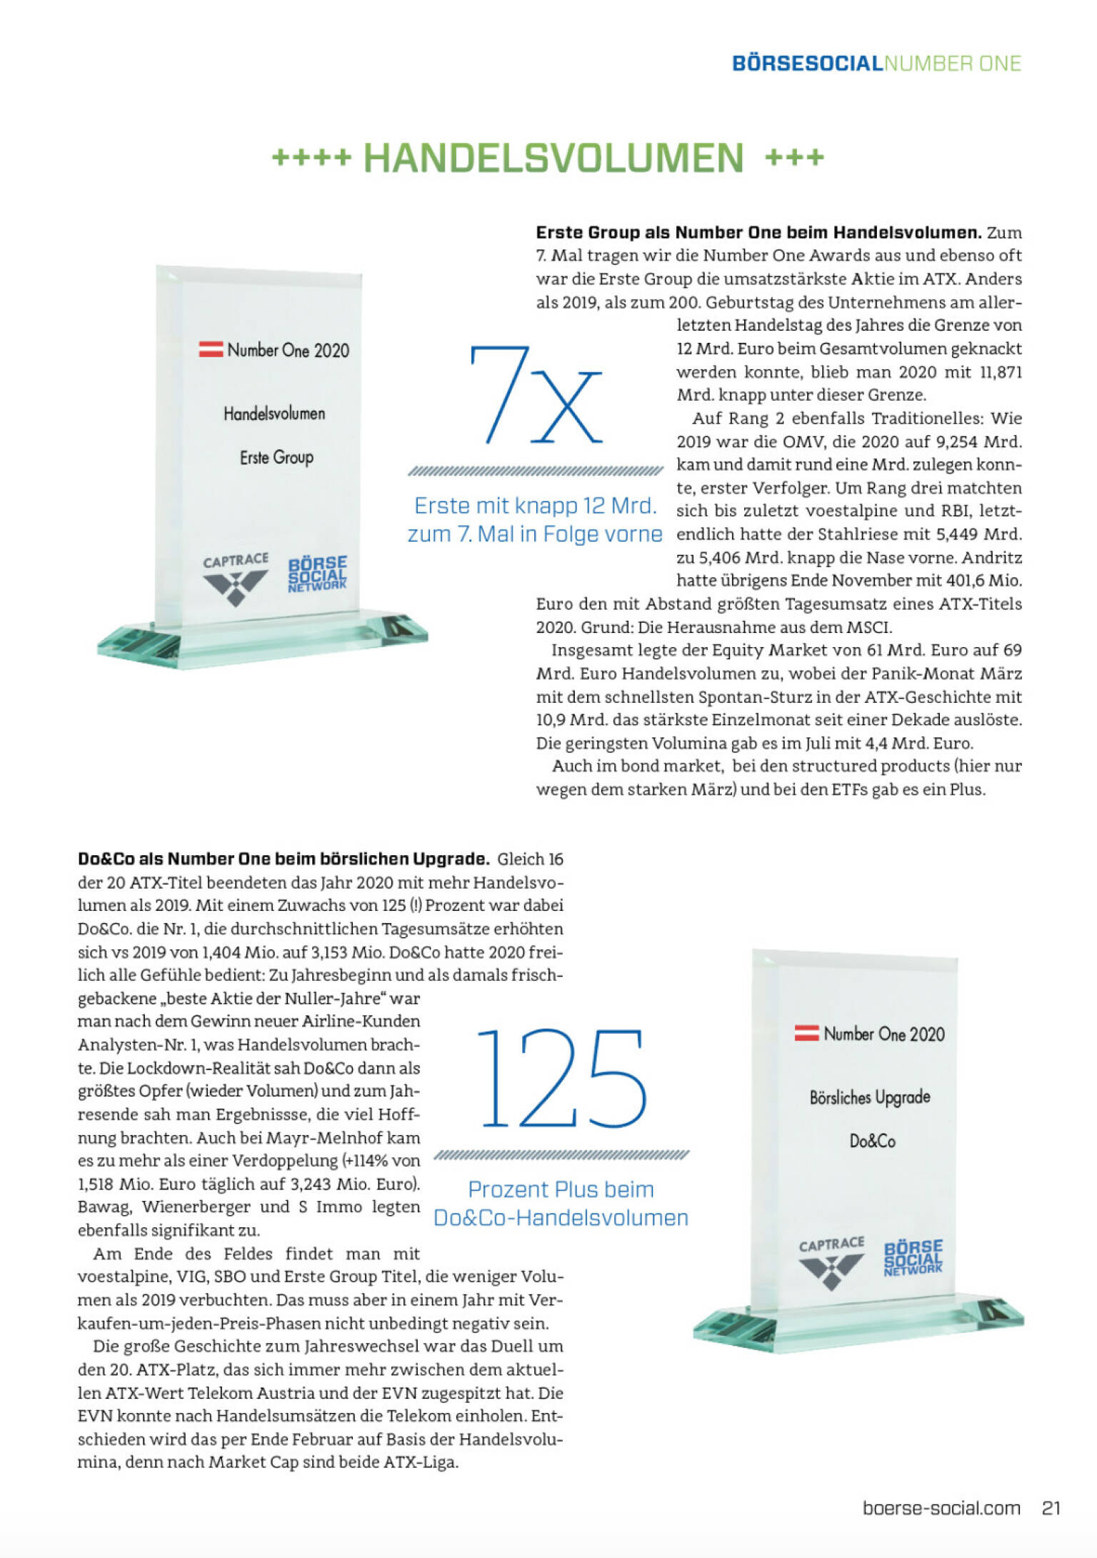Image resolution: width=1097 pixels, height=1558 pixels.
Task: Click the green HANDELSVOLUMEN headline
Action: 553,158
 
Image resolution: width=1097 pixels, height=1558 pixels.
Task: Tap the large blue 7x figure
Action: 536,395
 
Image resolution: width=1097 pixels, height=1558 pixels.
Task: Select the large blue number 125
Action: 561,1079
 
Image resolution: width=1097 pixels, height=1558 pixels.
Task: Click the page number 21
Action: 1051,1508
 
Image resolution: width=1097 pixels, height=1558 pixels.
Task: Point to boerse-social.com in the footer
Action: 941,1508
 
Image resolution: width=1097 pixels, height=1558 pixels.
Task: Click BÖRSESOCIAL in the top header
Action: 807,64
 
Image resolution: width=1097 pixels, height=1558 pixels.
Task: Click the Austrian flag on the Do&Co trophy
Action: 807,1033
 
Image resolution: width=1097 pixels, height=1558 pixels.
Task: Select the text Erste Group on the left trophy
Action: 276,457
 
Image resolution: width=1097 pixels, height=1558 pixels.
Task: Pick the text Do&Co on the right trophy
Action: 872,1141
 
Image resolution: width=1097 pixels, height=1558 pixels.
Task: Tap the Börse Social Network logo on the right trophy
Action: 913,1257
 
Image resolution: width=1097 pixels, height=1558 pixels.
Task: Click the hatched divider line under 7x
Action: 536,471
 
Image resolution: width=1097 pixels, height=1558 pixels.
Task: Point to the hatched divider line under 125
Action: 561,1154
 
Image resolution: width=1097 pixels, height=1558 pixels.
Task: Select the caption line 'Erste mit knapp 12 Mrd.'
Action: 536,506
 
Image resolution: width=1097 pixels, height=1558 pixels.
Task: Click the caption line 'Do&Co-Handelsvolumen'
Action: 561,1217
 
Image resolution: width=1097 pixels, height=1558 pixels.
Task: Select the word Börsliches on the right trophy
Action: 838,1097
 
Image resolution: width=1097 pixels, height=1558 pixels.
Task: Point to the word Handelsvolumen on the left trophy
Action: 274,414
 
